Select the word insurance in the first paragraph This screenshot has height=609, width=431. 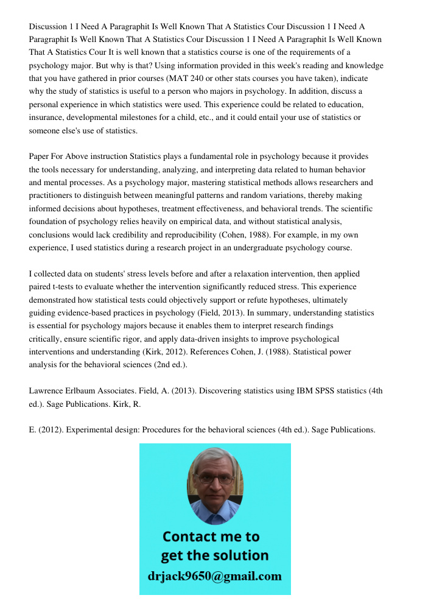(49, 118)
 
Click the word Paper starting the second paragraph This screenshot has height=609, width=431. (41, 157)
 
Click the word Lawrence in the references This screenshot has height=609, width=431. (47, 390)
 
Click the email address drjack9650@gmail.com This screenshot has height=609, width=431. (215, 576)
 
